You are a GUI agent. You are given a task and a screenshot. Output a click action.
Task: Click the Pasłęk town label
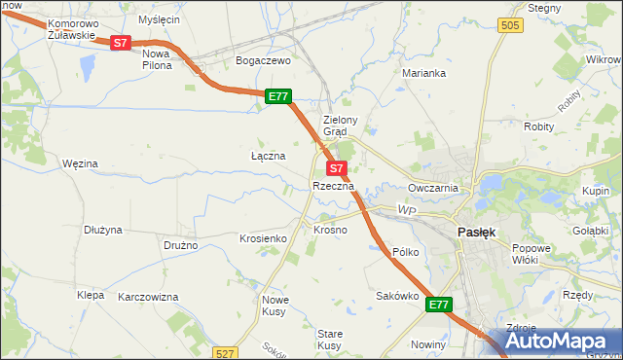(x=477, y=233)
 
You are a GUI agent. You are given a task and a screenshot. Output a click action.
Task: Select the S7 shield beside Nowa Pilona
(x=120, y=43)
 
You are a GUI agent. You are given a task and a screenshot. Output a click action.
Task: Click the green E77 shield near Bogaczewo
(x=278, y=95)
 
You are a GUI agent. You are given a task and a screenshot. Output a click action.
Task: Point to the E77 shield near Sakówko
(x=439, y=305)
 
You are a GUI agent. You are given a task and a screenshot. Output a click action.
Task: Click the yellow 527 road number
(x=226, y=353)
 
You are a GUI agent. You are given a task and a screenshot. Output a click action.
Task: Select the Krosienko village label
(x=262, y=238)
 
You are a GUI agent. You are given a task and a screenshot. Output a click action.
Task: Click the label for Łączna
(x=268, y=156)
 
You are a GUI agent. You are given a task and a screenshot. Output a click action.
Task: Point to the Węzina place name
(x=80, y=164)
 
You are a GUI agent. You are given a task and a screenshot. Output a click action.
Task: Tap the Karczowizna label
(x=149, y=296)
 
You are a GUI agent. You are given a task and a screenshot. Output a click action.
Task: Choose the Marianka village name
(x=424, y=73)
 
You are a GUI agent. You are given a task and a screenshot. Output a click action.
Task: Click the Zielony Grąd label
(x=342, y=126)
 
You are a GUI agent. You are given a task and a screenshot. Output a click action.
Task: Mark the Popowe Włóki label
(x=531, y=255)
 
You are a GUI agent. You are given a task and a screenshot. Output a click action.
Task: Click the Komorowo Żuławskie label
(x=71, y=28)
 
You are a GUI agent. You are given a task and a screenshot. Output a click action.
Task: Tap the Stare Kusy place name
(x=329, y=340)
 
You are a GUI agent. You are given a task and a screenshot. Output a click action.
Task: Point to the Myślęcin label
(x=160, y=19)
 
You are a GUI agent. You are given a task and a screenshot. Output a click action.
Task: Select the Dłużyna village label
(x=102, y=231)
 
